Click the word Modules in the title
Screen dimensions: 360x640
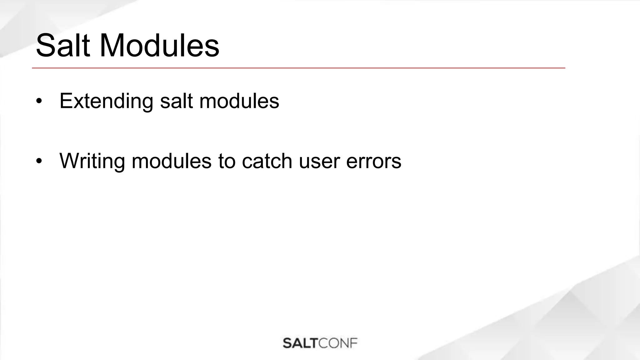[x=159, y=46]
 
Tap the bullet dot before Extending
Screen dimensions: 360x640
[x=39, y=101]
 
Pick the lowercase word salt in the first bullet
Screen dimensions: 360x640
[x=176, y=101]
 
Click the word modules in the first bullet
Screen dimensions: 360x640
[x=239, y=101]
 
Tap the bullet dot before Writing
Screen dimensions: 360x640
[x=39, y=161]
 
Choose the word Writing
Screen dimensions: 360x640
[x=92, y=161]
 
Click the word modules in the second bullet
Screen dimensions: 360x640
[x=172, y=161]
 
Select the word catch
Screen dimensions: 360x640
[x=267, y=161]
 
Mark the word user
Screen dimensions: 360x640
[x=319, y=162]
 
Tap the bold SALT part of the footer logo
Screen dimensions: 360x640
[x=300, y=343]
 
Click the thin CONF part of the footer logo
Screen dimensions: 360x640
[x=338, y=343]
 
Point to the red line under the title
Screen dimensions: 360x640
[x=298, y=68]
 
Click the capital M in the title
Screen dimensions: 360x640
[x=114, y=46]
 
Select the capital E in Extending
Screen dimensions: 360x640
[x=66, y=101]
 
